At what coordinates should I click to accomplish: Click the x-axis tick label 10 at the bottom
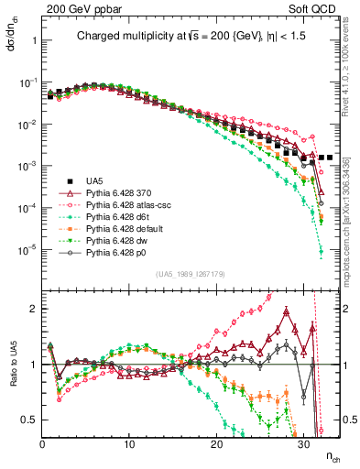click(129, 443)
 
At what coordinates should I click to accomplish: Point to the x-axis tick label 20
click(216, 443)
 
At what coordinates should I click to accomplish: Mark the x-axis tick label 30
click(303, 443)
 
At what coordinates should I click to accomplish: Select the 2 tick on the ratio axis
click(35, 309)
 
